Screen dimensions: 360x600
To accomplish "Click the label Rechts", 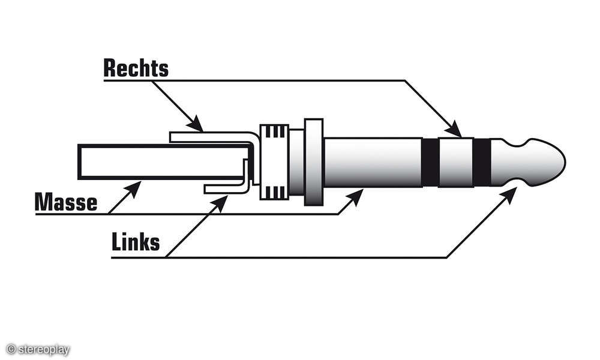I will (x=136, y=68).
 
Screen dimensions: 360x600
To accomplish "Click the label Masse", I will (x=66, y=202).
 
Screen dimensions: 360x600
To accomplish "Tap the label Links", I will (x=136, y=242).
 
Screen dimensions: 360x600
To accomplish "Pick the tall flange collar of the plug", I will (x=314, y=161).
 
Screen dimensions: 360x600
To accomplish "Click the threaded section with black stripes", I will (x=274, y=161).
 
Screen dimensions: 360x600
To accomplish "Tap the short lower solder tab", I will (x=225, y=188).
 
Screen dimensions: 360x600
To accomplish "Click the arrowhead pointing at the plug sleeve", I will (x=358, y=195).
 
